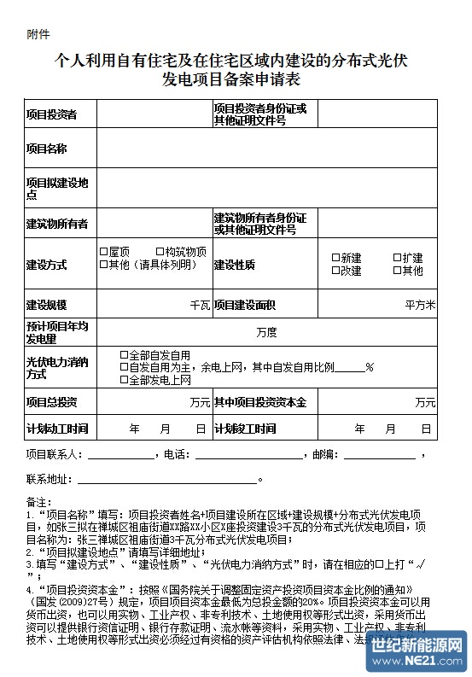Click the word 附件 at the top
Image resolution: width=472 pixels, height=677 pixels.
[38, 35]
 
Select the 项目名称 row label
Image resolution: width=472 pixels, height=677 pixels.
[46, 149]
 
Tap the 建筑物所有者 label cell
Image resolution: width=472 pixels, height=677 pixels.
[56, 224]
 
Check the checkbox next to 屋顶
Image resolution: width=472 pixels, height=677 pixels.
[103, 252]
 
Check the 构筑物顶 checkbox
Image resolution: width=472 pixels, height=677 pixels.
[160, 252]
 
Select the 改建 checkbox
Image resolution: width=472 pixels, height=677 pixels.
[335, 271]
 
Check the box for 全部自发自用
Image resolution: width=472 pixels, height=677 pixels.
[124, 355]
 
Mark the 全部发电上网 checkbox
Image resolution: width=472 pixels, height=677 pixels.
[124, 379]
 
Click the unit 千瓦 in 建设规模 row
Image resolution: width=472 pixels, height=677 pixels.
[200, 305]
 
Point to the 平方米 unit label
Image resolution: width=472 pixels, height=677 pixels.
[420, 305]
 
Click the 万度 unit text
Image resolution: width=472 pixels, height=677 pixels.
[266, 330]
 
